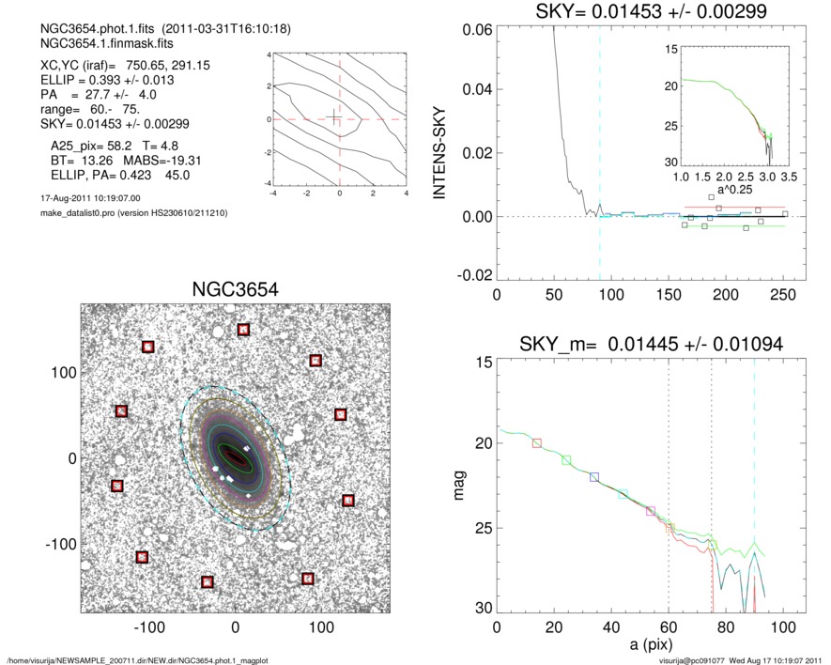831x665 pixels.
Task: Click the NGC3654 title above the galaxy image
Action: click(x=235, y=289)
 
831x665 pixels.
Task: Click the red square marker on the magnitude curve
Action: click(x=537, y=442)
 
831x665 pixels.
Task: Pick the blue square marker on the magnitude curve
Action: click(x=594, y=477)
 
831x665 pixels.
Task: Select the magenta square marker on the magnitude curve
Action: click(x=651, y=511)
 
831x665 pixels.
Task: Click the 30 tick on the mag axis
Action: click(x=478, y=609)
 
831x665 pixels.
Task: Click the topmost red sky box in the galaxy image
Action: click(x=244, y=330)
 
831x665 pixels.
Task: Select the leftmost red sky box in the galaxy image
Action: click(x=117, y=486)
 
